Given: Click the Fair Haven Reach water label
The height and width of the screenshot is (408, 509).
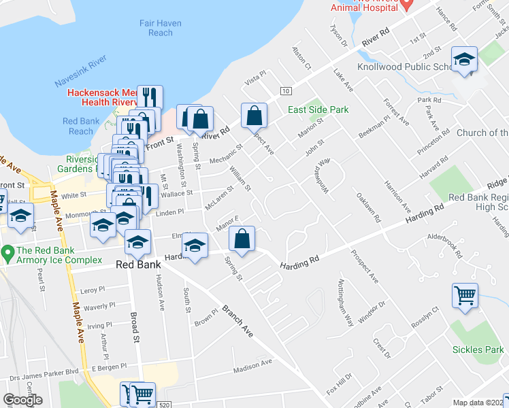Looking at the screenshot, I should point(161,28).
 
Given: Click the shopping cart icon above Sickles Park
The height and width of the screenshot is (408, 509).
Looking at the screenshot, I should point(465,295).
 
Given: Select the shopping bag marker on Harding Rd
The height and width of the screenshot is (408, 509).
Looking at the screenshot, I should point(242,238).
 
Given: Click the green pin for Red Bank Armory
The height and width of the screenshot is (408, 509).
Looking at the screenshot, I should point(7,254).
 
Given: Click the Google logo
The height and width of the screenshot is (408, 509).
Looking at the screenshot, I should point(22,400).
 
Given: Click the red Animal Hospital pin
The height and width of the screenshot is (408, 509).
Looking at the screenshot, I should point(407,5).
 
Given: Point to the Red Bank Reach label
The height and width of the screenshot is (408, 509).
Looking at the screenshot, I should point(81,126).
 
